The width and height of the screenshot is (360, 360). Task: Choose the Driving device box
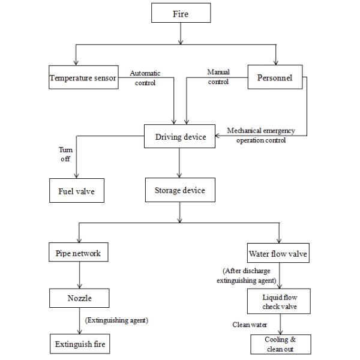181,137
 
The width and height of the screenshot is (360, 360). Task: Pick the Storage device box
181,191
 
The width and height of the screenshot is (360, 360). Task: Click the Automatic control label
143,77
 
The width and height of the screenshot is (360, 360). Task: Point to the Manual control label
218,77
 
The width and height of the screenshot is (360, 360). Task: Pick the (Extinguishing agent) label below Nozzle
116,320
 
